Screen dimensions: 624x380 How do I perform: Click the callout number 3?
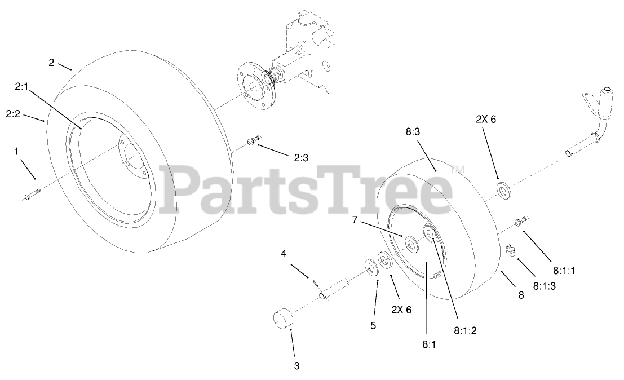click(296, 366)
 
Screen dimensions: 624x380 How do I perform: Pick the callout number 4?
click(284, 253)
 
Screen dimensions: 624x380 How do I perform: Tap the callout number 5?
click(373, 325)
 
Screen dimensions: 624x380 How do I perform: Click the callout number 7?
click(355, 220)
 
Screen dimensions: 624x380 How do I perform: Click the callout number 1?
click(16, 151)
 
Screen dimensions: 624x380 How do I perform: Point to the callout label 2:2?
click(14, 114)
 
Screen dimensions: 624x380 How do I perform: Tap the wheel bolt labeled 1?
click(32, 195)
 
